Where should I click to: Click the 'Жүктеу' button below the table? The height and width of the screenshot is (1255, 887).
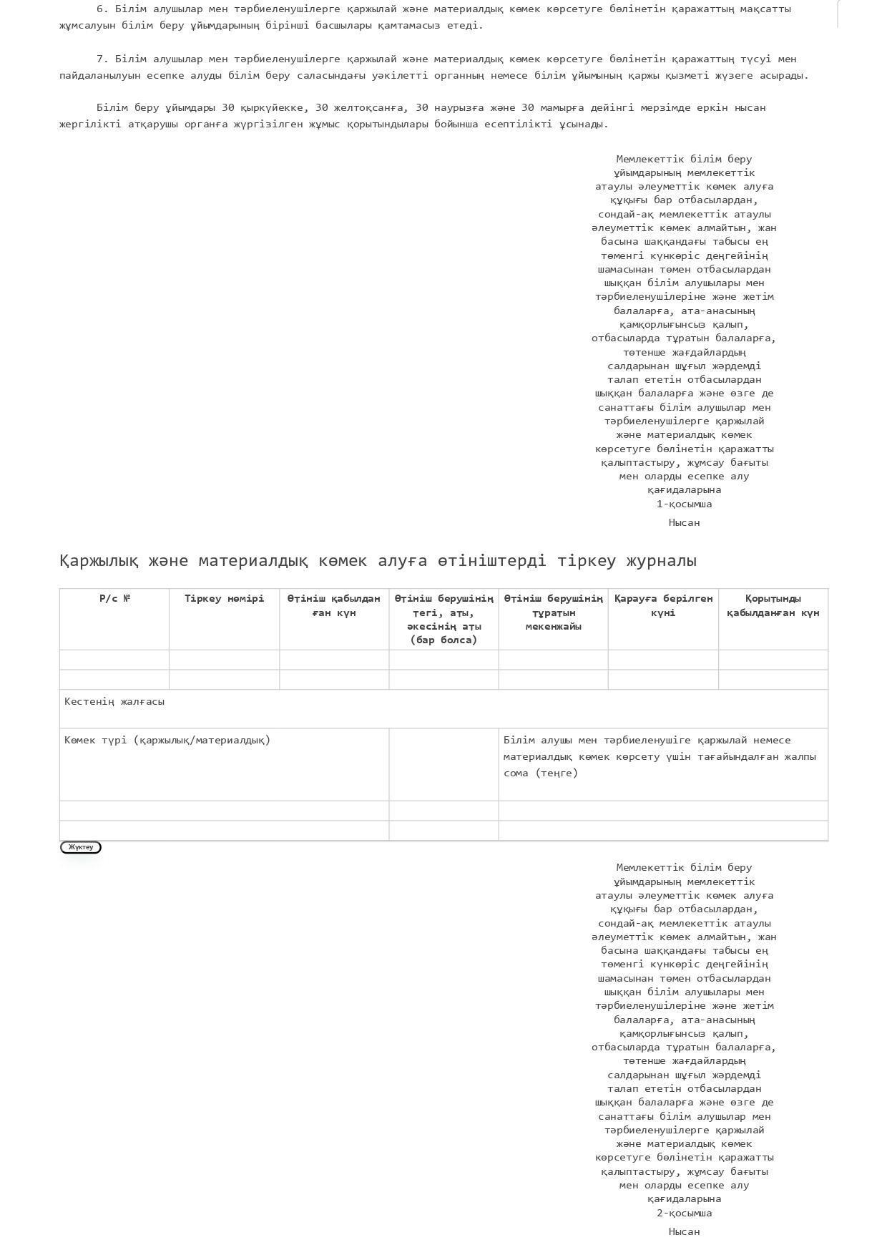(81, 847)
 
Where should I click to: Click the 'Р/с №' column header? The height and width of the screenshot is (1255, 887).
(114, 599)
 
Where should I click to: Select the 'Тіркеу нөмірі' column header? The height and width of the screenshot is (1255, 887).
(224, 599)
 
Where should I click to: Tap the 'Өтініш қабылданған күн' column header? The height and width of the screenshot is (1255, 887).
(333, 606)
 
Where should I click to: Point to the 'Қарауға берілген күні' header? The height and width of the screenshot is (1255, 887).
(663, 606)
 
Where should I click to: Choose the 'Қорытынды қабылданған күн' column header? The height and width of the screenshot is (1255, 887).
(773, 606)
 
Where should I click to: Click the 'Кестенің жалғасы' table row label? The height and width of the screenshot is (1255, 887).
(114, 702)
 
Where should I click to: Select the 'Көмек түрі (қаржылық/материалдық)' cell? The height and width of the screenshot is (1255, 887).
(167, 741)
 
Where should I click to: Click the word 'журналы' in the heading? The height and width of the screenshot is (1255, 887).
(661, 561)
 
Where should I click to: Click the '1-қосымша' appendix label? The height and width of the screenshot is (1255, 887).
(684, 504)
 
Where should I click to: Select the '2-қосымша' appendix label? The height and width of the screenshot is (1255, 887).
(684, 1214)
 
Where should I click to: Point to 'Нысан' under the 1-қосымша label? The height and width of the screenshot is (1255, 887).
(684, 523)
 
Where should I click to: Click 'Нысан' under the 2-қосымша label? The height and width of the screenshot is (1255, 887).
(684, 1232)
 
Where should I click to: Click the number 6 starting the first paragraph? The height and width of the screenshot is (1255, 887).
(100, 9)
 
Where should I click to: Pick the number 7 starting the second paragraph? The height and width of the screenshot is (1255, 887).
(100, 59)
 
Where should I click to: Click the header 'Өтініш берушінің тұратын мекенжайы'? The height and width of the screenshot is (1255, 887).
(553, 613)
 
